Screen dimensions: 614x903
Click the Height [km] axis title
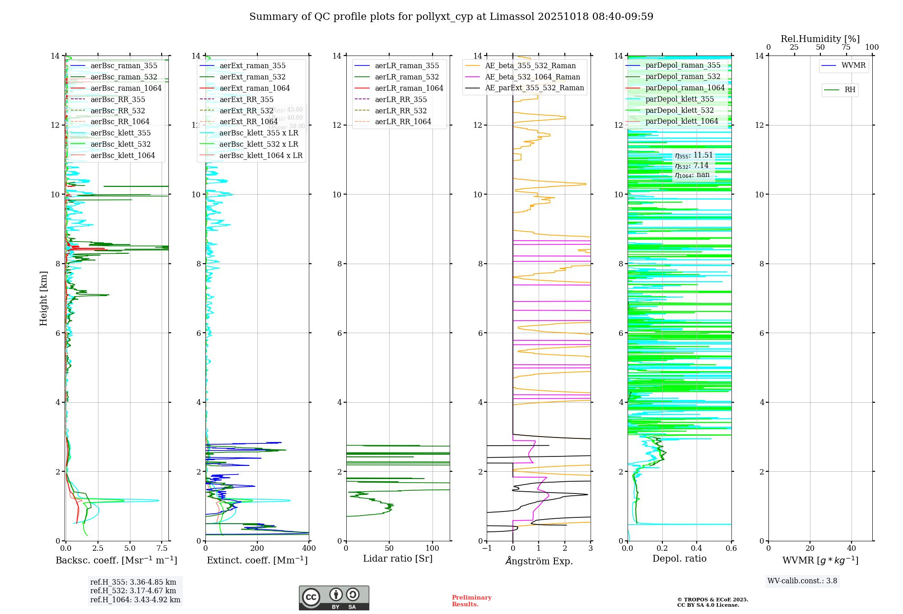[43, 298]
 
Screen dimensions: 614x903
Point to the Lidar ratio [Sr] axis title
[397, 559]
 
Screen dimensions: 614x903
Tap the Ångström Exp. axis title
[539, 561]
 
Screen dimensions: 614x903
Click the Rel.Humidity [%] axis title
[820, 39]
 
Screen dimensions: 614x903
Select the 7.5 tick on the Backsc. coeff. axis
[162, 549]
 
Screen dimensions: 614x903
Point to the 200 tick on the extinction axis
[257, 549]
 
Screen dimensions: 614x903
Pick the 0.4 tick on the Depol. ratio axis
[697, 549]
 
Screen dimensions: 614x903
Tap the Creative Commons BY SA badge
[334, 598]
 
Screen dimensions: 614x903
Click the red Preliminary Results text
[471, 601]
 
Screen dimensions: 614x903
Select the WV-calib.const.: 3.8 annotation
[802, 581]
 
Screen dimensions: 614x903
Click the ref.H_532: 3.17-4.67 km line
[133, 591]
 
